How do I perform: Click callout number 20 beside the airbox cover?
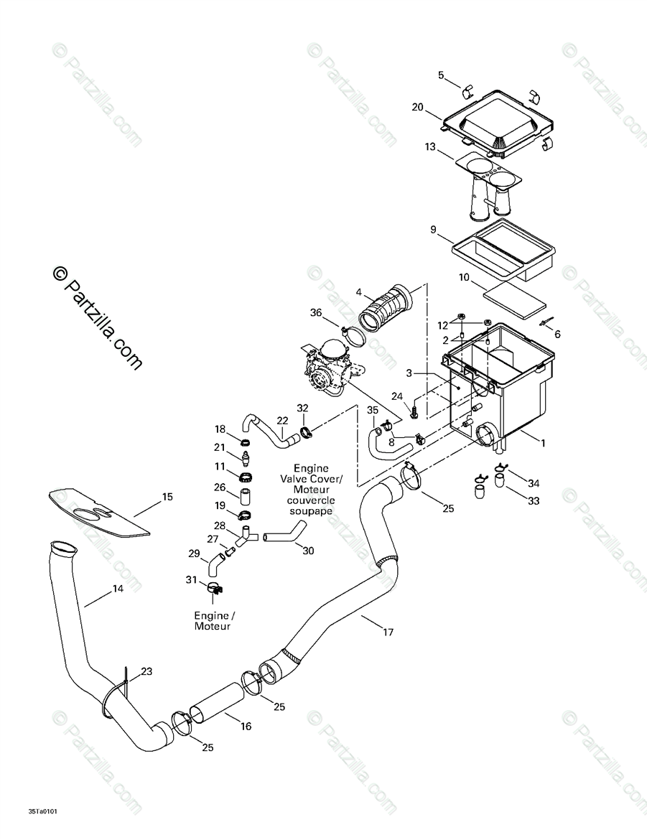(418, 107)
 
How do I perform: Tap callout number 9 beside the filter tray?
(433, 230)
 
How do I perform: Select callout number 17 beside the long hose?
(388, 632)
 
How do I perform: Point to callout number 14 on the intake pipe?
(118, 589)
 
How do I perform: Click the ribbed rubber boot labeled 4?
(386, 307)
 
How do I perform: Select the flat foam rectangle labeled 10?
(515, 300)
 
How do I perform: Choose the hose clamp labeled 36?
(352, 337)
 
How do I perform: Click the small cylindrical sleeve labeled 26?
(246, 497)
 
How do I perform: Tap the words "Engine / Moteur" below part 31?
(213, 621)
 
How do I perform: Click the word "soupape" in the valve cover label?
(311, 510)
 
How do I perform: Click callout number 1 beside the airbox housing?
(542, 443)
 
